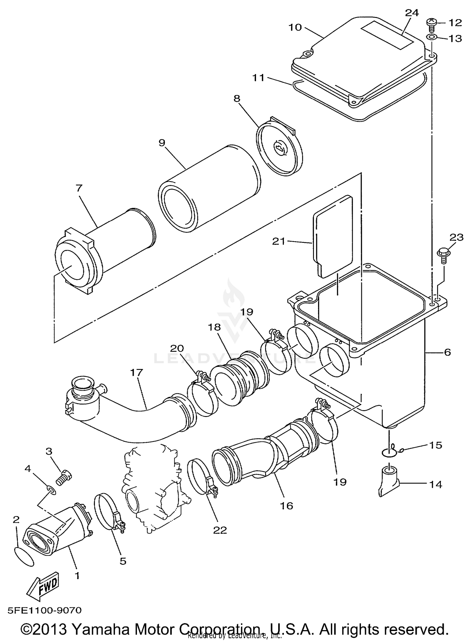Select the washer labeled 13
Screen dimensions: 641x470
coord(431,38)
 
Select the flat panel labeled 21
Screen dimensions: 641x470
coord(333,235)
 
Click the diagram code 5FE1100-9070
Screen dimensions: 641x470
coord(44,610)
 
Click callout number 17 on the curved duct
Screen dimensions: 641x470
coord(137,373)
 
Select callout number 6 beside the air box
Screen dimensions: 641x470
coord(447,352)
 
